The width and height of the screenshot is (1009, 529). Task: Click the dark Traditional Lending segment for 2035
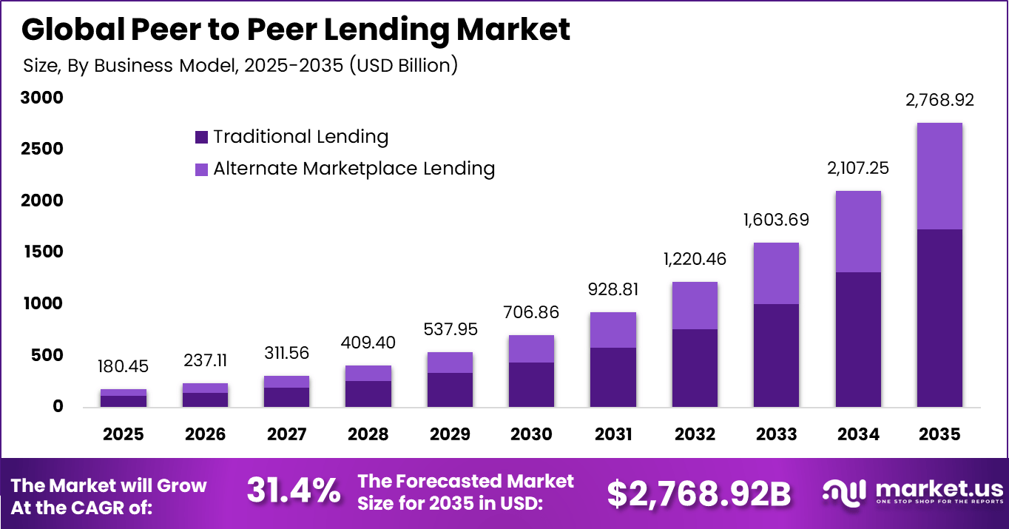pos(939,318)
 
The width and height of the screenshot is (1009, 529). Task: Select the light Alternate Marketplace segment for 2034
pos(858,232)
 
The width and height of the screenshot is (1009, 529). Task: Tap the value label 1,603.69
pos(776,220)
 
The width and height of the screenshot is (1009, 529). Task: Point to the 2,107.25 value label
pos(858,168)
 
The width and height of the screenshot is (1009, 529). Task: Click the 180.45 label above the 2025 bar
pos(124,366)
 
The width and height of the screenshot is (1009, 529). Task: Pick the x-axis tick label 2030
pos(531,434)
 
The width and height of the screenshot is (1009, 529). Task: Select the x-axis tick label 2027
pos(287,434)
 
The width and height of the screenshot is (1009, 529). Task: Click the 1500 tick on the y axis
pos(43,252)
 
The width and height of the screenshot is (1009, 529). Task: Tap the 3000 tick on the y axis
pos(43,98)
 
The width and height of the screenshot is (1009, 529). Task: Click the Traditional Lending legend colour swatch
pos(201,137)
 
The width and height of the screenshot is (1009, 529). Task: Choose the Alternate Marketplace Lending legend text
pos(354,169)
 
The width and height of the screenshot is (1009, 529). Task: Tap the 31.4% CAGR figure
pos(294,491)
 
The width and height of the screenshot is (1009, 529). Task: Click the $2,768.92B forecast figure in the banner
pos(699,493)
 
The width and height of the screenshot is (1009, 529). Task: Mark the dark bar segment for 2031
pos(613,377)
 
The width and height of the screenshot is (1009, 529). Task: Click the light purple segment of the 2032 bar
pos(695,306)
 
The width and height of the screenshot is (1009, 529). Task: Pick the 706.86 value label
pos(531,312)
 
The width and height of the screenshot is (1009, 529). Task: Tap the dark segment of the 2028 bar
pos(368,394)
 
